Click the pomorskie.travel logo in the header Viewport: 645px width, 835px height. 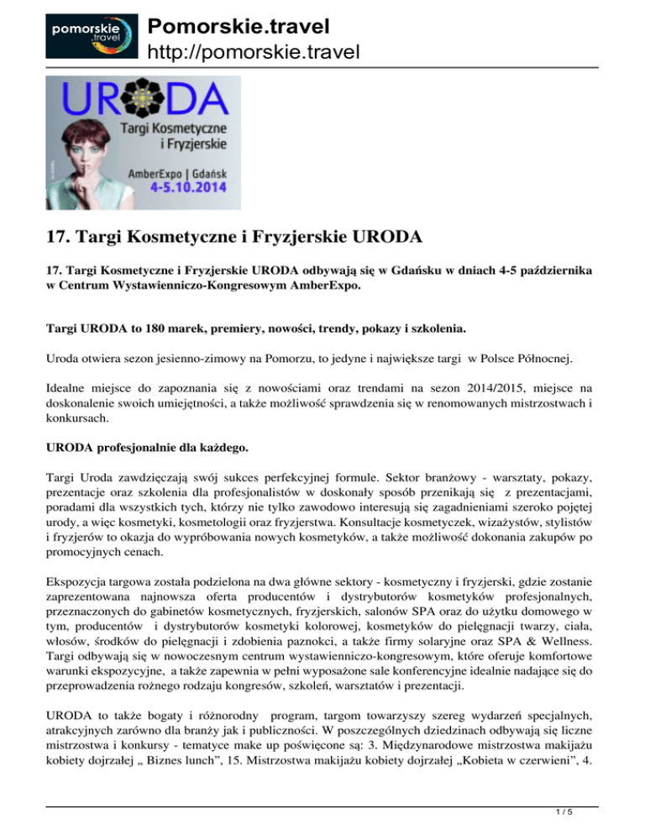[x=81, y=36]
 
